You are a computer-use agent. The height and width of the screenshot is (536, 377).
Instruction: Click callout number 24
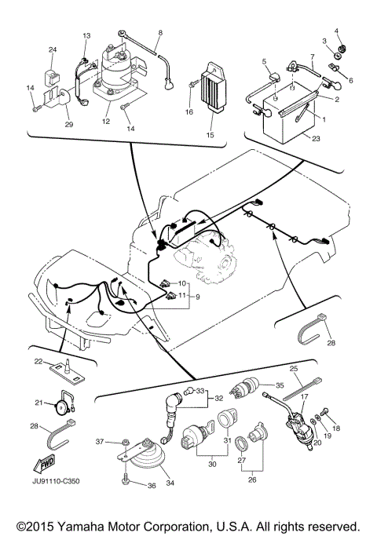tap(53, 50)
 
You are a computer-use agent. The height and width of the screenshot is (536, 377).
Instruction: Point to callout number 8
tap(160, 33)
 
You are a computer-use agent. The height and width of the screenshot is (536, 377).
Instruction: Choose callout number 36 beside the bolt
tap(152, 487)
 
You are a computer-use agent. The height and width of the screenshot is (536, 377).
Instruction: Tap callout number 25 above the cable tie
tap(295, 369)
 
